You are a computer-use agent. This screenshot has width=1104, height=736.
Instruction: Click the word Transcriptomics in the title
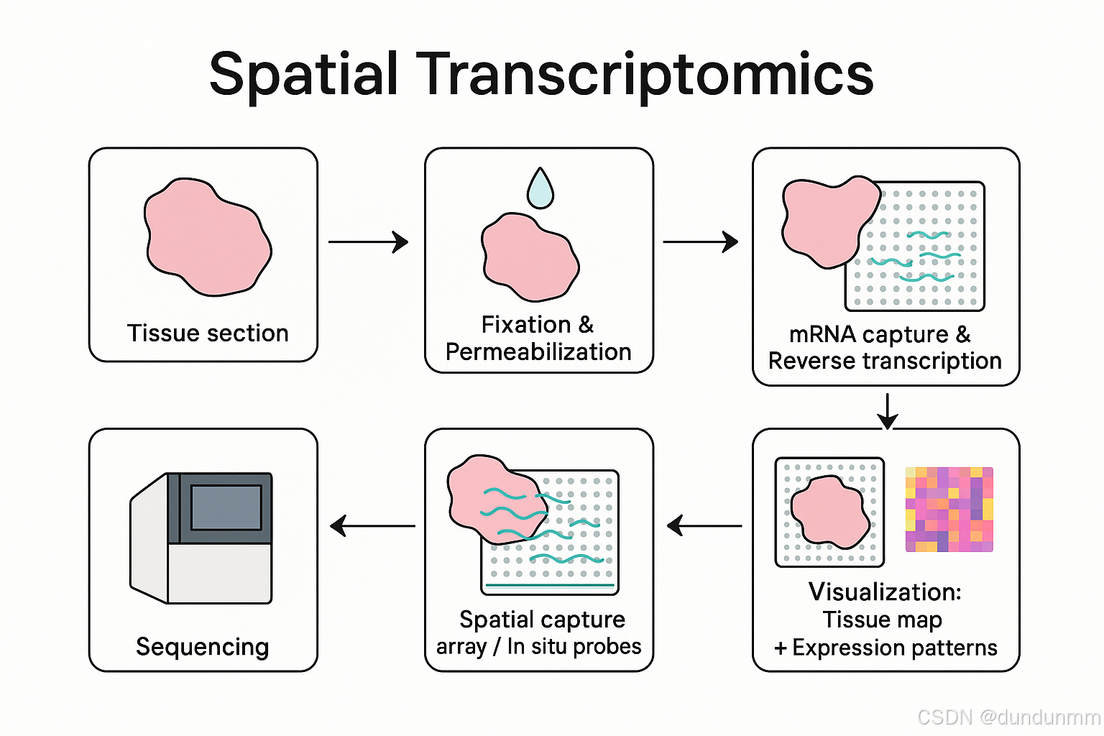coord(647,75)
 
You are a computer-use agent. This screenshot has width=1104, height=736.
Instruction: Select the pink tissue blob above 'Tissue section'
coord(207,237)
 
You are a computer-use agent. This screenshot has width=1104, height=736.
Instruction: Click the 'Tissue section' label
coord(208,333)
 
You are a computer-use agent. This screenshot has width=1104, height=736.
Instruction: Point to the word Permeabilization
coord(538,352)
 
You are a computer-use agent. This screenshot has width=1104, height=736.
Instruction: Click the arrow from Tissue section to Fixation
coord(368,242)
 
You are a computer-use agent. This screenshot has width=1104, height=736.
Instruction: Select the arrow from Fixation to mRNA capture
coord(700,242)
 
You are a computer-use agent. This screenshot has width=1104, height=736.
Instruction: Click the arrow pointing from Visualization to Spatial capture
coord(704,526)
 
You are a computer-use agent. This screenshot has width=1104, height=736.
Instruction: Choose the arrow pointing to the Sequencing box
coord(372,526)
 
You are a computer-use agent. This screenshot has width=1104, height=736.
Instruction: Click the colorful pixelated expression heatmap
coord(949,510)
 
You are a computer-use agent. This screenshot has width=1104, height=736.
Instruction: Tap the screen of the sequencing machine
coord(226,507)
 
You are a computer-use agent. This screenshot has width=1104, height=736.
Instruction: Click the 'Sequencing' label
coord(203,647)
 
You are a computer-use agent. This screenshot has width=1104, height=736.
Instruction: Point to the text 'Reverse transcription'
coord(885,361)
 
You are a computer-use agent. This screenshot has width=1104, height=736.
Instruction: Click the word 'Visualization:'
coord(885,592)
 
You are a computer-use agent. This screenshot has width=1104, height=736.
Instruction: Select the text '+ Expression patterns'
coord(885,648)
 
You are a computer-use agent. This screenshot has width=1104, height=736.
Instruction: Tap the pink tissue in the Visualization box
coord(830,510)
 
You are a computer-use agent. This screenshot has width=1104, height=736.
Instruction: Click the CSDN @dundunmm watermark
coord(1008,717)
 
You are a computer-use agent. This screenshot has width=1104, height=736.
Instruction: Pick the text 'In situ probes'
coord(574,647)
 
